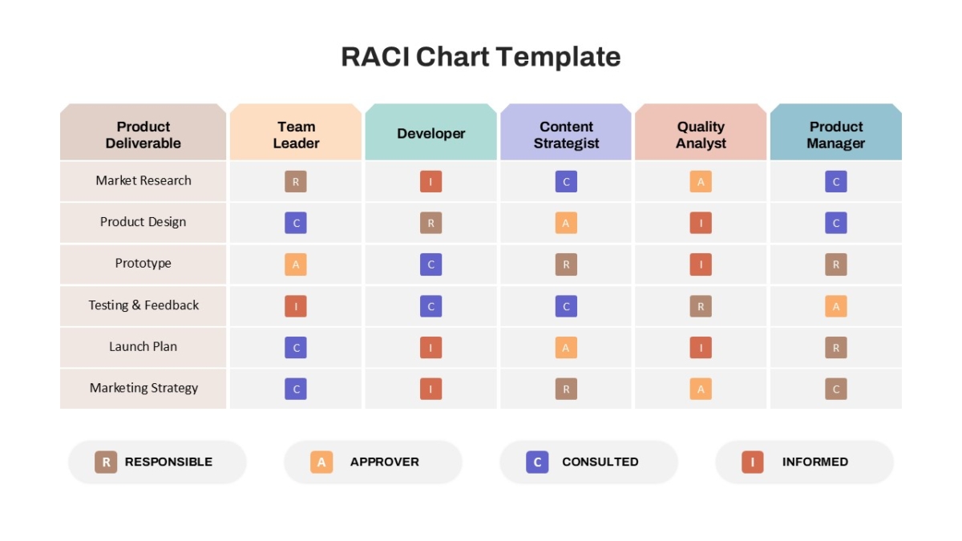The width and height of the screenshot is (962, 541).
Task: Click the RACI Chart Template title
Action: [480, 57]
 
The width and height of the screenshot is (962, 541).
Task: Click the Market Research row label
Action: [143, 180]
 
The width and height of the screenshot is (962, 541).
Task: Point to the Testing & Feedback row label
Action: [143, 305]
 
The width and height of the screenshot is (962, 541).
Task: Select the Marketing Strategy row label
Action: [143, 388]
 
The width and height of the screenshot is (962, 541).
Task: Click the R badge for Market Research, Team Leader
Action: [296, 182]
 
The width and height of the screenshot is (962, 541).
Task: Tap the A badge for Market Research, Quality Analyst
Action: [701, 182]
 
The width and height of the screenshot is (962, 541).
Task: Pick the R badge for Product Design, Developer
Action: [430, 223]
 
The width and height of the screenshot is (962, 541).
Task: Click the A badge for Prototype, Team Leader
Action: [296, 264]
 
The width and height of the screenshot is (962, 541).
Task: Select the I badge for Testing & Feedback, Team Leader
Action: [296, 306]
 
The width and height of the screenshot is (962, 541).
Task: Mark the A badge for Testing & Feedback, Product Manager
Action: [835, 306]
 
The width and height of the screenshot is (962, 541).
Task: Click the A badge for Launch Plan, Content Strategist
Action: [566, 347]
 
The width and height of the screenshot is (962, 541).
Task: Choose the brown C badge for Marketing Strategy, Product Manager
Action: [835, 389]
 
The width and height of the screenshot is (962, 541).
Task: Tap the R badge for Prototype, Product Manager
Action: [835, 264]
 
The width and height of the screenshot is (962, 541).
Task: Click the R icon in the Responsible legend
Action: [106, 462]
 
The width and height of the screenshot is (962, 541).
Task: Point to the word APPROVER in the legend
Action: [384, 462]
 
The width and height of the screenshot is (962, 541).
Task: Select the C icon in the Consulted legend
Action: [537, 462]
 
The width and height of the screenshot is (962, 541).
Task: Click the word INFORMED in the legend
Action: [815, 462]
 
